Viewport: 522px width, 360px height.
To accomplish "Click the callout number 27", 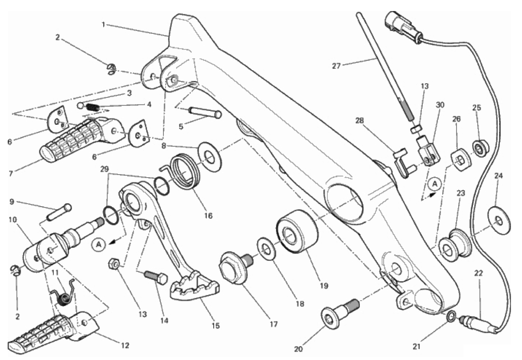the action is tap(336, 66).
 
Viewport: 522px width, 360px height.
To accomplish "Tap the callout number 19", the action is tap(324, 285).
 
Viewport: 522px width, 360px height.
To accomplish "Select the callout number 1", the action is tap(104, 24).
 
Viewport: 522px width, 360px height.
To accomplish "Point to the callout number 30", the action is tap(440, 105).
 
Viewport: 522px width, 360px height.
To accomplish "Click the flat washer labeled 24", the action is tap(499, 220).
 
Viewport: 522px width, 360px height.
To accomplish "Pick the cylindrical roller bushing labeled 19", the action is tap(297, 231).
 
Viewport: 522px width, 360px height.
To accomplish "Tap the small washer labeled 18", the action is tap(266, 250).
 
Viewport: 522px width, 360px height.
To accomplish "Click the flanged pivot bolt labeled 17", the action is tap(235, 268).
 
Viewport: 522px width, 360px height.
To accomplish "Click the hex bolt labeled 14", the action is tap(156, 277).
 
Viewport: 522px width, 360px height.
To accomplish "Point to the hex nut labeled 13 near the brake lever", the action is tap(114, 264).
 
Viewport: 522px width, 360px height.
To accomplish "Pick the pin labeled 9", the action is tap(59, 212).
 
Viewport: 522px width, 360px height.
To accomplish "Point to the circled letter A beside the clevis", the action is tap(434, 185).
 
